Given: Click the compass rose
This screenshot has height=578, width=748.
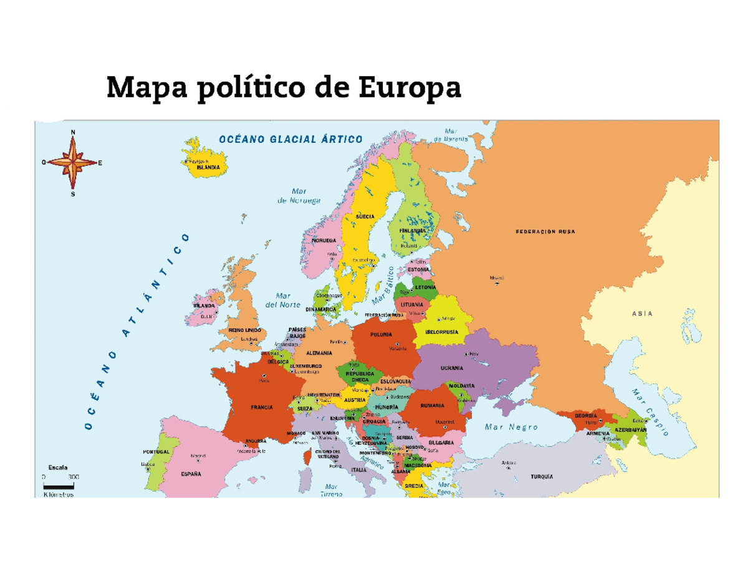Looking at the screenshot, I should [x=74, y=162].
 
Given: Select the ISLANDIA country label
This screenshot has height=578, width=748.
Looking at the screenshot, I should [x=207, y=168].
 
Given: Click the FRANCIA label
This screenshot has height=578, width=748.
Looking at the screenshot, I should [x=261, y=407].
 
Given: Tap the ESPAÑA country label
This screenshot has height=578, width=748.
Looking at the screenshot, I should [x=191, y=474].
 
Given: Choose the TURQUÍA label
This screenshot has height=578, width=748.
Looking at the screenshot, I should [x=542, y=476].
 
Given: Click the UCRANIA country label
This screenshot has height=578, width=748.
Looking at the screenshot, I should [x=451, y=368].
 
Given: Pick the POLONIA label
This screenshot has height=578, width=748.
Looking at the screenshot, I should [x=381, y=335].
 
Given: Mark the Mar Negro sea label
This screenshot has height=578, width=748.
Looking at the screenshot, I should [x=511, y=427].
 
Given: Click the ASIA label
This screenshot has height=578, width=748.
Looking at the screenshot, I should [x=642, y=314].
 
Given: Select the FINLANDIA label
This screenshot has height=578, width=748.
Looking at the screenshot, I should [x=413, y=231].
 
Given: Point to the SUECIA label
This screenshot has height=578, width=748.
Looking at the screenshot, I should [x=365, y=216].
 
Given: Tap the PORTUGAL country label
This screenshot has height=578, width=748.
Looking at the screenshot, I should [x=156, y=451].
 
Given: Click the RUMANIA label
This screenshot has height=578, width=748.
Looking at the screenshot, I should [x=432, y=405].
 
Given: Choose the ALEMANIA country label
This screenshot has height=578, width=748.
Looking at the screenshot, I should [x=319, y=353].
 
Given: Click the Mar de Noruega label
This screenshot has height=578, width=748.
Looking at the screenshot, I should [x=299, y=196].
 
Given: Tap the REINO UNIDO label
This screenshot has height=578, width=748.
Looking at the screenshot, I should [x=245, y=330].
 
